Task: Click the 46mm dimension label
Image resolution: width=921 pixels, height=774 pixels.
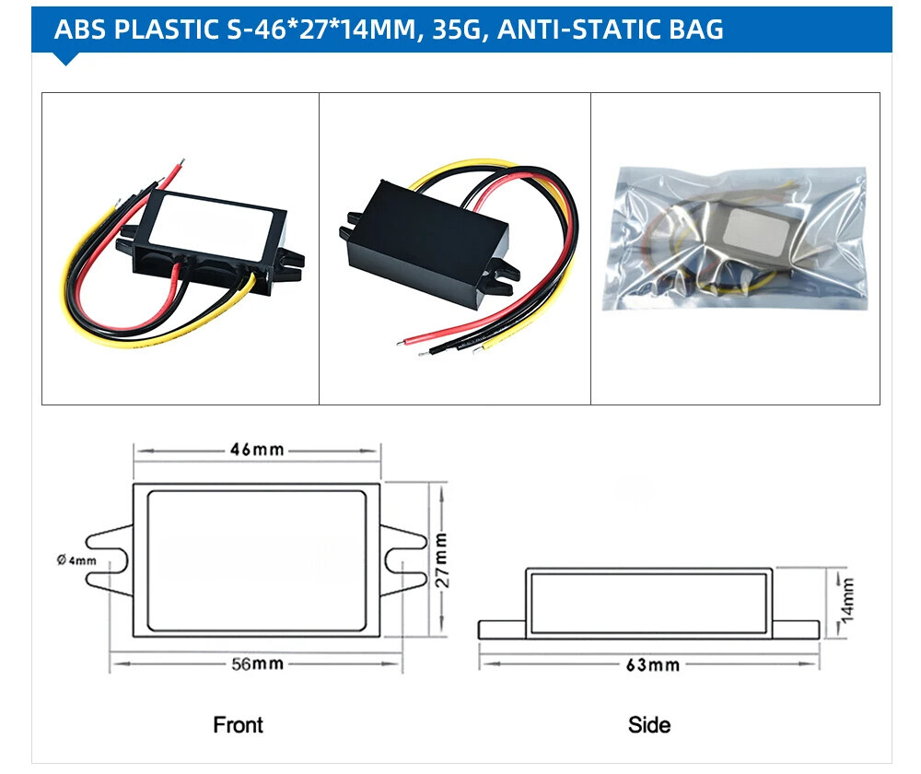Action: (x=256, y=451)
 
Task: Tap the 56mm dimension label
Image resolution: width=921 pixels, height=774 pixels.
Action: (x=256, y=663)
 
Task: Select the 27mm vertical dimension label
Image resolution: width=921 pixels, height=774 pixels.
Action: (x=441, y=559)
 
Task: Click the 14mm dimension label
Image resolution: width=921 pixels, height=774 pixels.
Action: (x=847, y=599)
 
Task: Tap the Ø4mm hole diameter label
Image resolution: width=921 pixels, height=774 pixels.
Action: (x=76, y=560)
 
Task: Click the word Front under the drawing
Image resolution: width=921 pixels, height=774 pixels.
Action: (x=238, y=725)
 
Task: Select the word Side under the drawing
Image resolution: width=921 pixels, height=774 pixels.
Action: (x=649, y=725)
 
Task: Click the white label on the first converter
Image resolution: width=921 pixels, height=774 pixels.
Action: (x=217, y=221)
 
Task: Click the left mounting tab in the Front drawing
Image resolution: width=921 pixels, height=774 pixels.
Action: (x=109, y=559)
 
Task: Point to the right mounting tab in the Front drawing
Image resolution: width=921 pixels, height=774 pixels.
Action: (x=403, y=559)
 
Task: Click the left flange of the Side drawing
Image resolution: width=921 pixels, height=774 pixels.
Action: (x=502, y=629)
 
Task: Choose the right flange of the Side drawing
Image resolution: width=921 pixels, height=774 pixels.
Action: (x=795, y=629)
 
